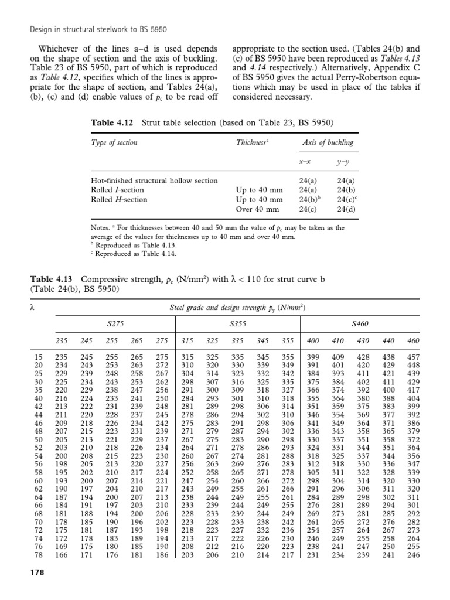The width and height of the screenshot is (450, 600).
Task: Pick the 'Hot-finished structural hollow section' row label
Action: tap(152, 181)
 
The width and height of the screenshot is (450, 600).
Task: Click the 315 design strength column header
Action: tap(187, 341)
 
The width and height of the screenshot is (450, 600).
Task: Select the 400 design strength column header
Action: tap(314, 341)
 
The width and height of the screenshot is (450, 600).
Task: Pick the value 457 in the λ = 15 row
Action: tap(413, 357)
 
